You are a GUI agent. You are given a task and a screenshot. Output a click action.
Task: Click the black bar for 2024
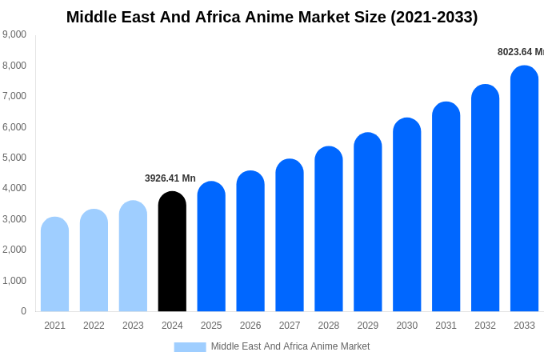click(172, 252)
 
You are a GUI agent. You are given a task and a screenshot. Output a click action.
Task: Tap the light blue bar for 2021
click(54, 265)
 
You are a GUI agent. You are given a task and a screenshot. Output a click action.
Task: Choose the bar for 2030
click(406, 215)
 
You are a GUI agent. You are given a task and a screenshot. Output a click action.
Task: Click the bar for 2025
click(211, 247)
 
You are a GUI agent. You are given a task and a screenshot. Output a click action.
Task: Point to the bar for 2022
click(94, 261)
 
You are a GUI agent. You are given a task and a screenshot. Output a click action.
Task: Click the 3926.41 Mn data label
click(170, 178)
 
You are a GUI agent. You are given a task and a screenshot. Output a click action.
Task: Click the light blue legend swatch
click(190, 347)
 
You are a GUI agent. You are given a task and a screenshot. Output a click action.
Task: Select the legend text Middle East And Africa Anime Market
click(290, 346)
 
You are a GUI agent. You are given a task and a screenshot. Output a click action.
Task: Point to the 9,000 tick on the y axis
click(14, 34)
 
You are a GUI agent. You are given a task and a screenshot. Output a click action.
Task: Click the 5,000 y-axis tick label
click(14, 158)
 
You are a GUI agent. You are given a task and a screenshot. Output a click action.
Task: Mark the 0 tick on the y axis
click(23, 311)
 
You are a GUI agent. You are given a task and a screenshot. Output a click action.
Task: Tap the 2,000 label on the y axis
click(14, 250)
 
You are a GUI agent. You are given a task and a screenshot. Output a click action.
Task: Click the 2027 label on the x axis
click(290, 326)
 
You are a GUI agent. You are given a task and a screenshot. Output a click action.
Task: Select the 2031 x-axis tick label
click(446, 326)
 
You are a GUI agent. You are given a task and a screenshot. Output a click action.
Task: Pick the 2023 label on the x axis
click(133, 326)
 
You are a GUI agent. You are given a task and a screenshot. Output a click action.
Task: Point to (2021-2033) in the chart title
click(434, 17)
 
